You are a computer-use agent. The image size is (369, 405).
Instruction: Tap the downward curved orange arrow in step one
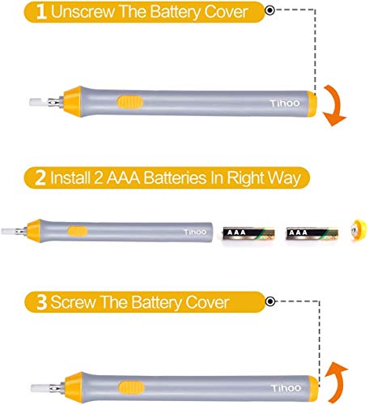click(x=333, y=105)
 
